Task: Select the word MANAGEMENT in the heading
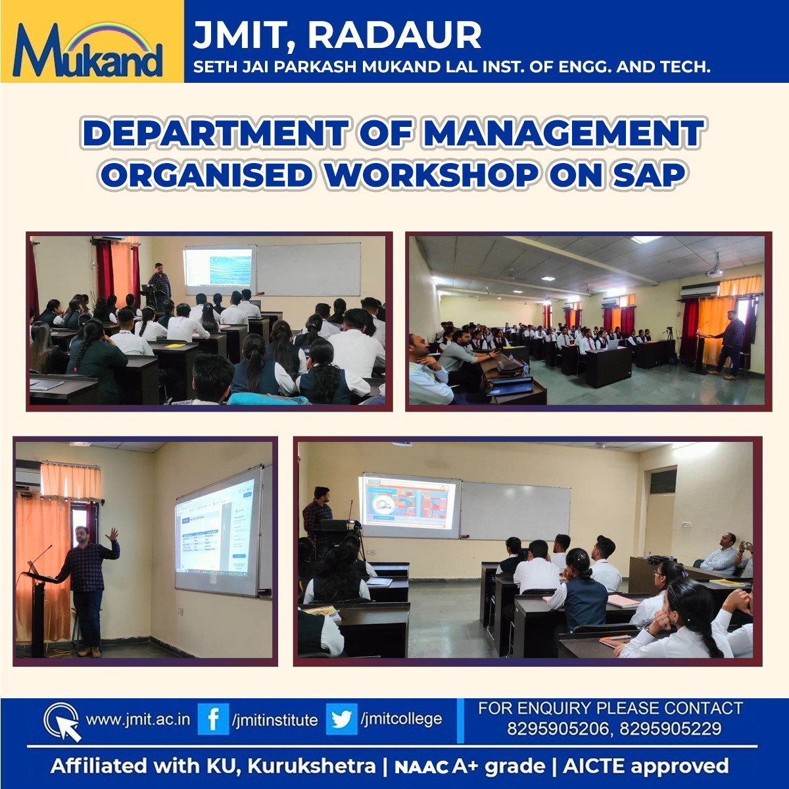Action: point(563,133)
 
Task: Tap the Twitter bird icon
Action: point(341,719)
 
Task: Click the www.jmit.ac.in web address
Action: point(138,719)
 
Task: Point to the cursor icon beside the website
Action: point(62,722)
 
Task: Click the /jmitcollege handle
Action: point(401,719)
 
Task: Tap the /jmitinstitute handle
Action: point(274,719)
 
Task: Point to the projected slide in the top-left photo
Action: point(220,270)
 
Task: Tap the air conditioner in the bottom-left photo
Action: point(28,474)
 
